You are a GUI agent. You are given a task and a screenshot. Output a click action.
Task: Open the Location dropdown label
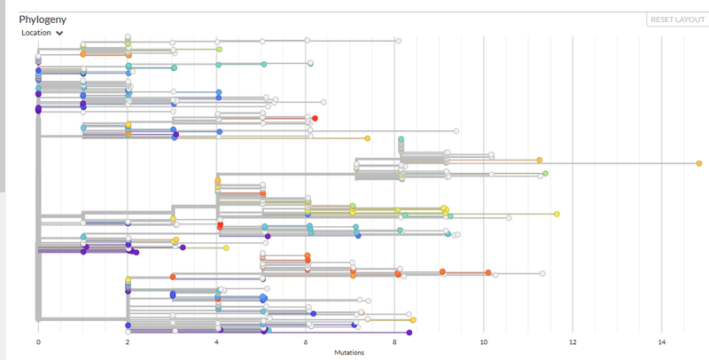click(36, 33)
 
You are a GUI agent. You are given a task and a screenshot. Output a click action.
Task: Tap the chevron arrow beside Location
click(59, 33)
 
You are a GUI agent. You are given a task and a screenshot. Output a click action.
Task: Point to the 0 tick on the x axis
click(38, 341)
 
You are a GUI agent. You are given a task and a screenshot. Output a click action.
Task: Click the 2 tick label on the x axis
click(128, 341)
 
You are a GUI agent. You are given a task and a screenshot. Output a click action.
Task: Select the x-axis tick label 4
click(216, 341)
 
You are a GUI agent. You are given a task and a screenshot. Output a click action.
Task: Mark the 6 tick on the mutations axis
click(306, 341)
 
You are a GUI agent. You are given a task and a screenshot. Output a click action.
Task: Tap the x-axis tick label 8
click(394, 341)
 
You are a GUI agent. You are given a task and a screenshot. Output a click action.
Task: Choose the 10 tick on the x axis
click(483, 341)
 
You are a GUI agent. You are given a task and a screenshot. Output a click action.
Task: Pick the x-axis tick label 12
click(573, 341)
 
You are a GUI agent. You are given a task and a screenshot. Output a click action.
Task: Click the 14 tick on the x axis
click(661, 341)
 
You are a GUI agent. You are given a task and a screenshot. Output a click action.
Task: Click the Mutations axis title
click(350, 352)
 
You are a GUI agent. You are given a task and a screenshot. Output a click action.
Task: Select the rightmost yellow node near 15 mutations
click(699, 163)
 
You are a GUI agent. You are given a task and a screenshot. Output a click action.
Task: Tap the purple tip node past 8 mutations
click(409, 333)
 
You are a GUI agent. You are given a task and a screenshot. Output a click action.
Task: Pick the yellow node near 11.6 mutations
click(557, 214)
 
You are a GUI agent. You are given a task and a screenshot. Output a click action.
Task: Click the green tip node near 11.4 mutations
click(545, 174)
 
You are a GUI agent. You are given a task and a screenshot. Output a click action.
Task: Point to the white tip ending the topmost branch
click(398, 41)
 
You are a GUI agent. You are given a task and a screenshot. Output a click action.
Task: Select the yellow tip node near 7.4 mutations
click(367, 138)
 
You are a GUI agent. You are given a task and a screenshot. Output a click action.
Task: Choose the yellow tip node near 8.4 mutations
click(413, 320)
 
